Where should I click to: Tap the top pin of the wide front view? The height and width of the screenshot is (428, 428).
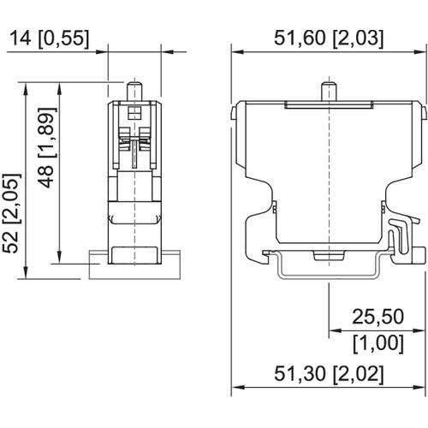[329, 90]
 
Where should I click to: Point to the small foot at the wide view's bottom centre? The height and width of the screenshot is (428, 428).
[329, 256]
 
